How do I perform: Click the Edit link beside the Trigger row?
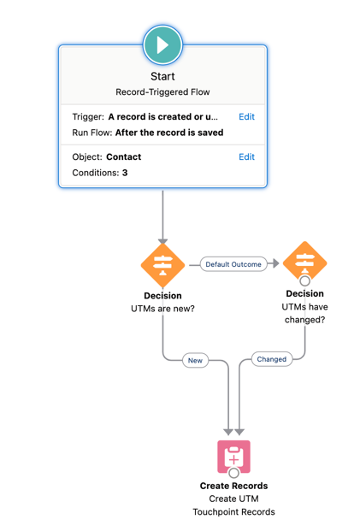tap(246, 117)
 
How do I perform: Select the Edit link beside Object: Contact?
tap(246, 157)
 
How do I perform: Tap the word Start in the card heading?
tap(162, 76)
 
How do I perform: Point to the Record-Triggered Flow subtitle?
tap(162, 92)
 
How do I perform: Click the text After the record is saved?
tap(169, 133)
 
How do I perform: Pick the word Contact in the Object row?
tap(124, 157)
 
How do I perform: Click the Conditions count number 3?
tap(125, 173)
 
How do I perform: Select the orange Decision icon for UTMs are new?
tap(162, 265)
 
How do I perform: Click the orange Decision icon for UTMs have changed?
tap(304, 262)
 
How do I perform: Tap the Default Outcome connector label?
tap(233, 264)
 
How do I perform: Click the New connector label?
tap(195, 360)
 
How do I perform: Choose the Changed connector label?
tap(272, 359)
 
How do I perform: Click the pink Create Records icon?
tap(233, 457)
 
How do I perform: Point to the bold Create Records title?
tap(233, 486)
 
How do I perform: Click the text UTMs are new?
tap(162, 309)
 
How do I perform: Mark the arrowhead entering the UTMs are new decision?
tap(162, 242)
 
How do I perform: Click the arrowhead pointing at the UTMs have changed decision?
tap(275, 264)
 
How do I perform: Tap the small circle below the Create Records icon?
tap(233, 473)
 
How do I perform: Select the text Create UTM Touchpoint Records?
tap(233, 505)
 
